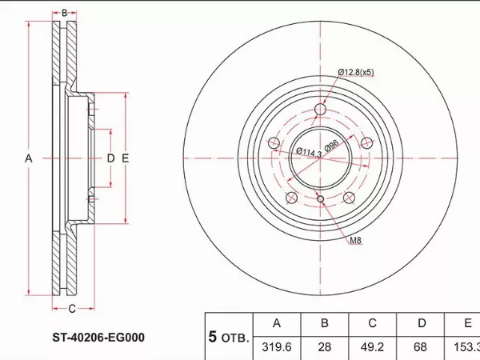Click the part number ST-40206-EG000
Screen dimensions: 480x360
click(x=98, y=338)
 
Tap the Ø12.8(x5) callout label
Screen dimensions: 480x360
click(x=356, y=72)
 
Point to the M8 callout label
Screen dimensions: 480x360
click(x=356, y=240)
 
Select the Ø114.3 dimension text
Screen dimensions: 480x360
click(x=309, y=153)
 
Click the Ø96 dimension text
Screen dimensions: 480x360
click(x=331, y=146)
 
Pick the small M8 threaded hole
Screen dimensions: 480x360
click(x=320, y=199)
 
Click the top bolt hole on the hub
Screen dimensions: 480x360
click(x=320, y=109)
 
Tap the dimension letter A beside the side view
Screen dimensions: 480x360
click(x=29, y=158)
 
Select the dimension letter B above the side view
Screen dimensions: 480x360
click(x=64, y=13)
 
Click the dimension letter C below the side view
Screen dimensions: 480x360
click(x=72, y=309)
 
